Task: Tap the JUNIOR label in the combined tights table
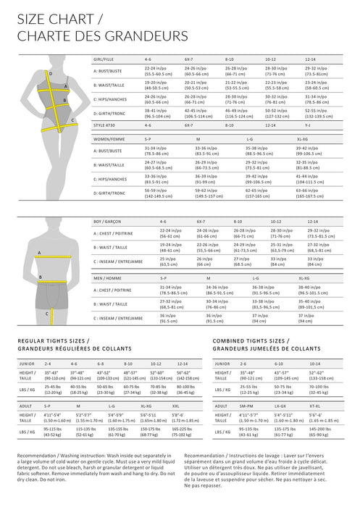(225, 364)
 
